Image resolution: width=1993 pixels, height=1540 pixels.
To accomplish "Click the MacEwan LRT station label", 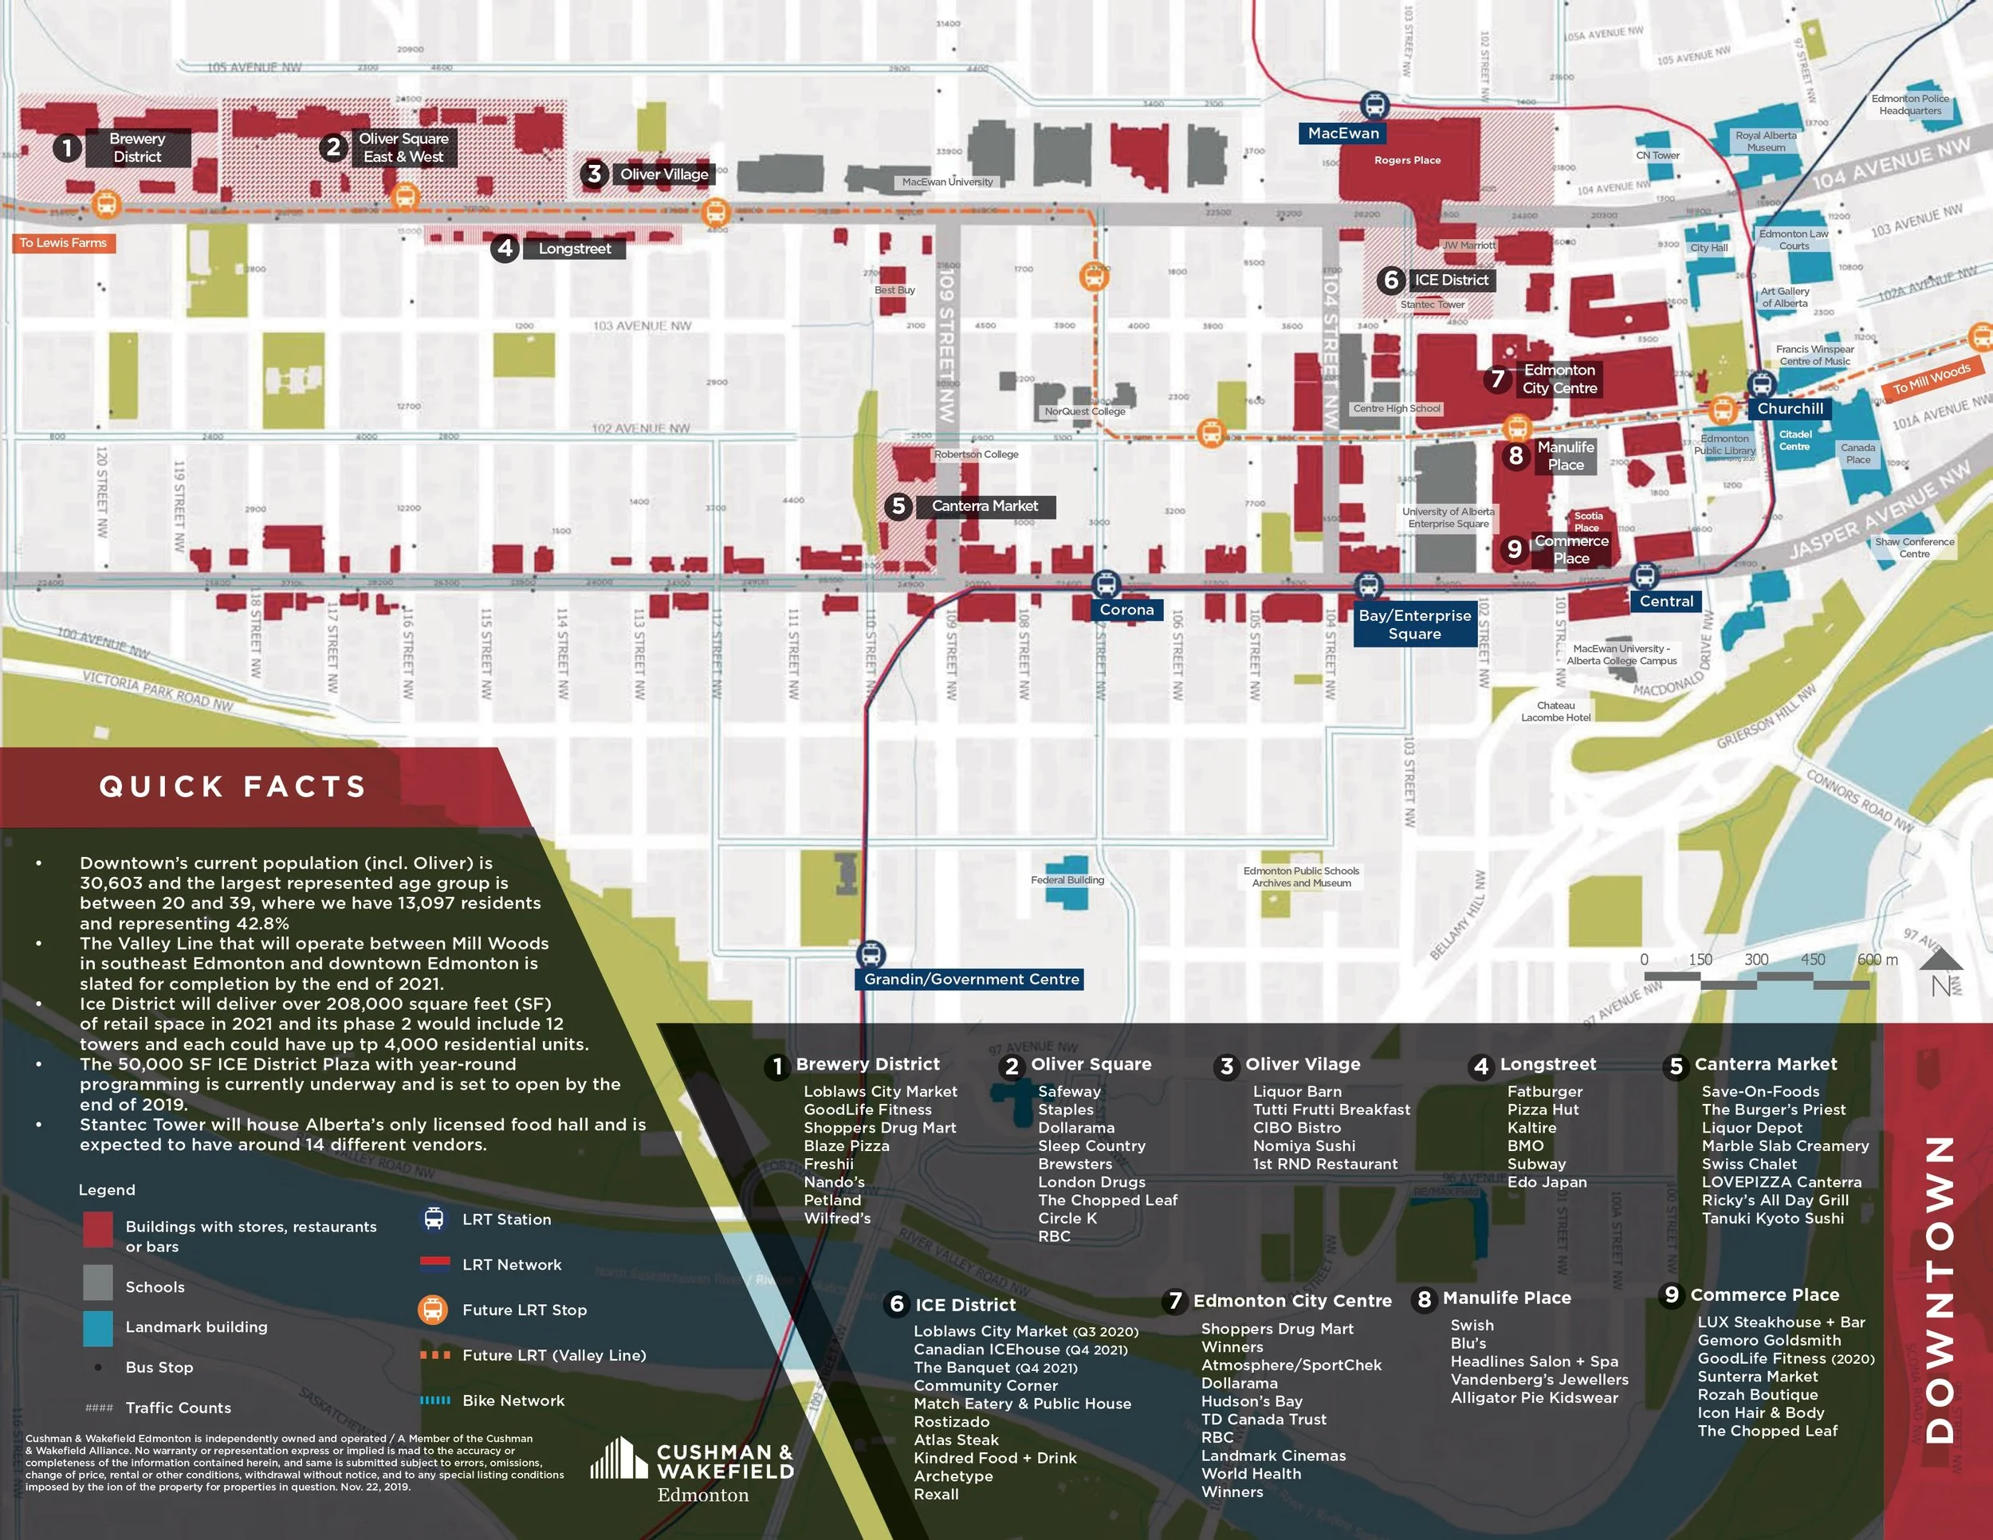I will [1343, 133].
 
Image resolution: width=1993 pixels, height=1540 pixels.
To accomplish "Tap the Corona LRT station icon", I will [1105, 584].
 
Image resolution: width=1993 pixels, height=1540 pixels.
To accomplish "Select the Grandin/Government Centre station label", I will [971, 979].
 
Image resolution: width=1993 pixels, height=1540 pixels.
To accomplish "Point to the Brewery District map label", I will [137, 147].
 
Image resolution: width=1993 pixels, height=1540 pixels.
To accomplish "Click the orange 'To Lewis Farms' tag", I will [63, 242].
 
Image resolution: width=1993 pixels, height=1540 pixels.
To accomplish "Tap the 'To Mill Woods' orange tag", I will [1931, 379].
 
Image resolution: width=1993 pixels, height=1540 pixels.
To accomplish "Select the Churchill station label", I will [1790, 409].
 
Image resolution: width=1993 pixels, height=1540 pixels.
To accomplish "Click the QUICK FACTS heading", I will [233, 787].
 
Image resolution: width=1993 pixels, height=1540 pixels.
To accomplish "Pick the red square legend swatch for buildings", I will [97, 1229].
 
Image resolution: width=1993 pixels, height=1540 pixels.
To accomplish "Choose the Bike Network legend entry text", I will [513, 1401].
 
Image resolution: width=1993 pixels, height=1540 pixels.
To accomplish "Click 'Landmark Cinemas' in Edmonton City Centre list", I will [1273, 1456].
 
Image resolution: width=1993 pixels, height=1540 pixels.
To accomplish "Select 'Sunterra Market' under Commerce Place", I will [1758, 1377].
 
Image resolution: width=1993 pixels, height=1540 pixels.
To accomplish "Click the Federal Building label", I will [1067, 880].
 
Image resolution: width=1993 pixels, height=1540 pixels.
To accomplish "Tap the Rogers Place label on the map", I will [1407, 160].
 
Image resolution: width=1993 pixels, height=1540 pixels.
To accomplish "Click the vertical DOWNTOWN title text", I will [1938, 1289].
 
